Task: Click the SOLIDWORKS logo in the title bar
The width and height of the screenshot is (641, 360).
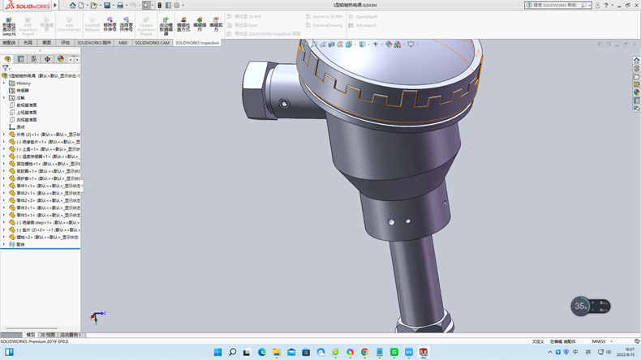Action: pyautogui.click(x=24, y=5)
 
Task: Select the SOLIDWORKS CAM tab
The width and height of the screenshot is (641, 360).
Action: pyautogui.click(x=152, y=42)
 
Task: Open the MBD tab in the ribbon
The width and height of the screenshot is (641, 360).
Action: pyautogui.click(x=123, y=42)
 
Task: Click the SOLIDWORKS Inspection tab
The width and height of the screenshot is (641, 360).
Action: pyautogui.click(x=197, y=42)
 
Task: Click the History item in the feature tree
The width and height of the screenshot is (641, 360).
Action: pyautogui.click(x=23, y=83)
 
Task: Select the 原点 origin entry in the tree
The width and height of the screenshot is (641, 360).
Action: pyautogui.click(x=20, y=126)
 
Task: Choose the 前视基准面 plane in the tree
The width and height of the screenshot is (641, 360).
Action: pyautogui.click(x=26, y=105)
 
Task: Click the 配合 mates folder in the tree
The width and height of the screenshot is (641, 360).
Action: pyautogui.click(x=20, y=243)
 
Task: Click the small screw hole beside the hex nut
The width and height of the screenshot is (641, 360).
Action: pyautogui.click(x=284, y=103)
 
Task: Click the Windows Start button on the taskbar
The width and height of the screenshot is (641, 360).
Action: pyautogui.click(x=217, y=352)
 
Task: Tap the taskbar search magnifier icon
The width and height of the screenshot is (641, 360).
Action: pyautogui.click(x=232, y=352)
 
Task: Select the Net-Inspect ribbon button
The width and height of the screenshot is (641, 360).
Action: pyautogui.click(x=366, y=24)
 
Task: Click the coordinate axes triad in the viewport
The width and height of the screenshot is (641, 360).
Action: pyautogui.click(x=95, y=316)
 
